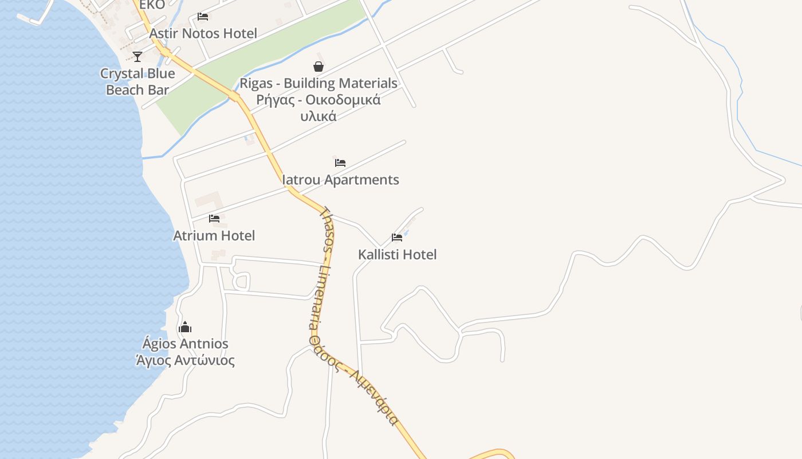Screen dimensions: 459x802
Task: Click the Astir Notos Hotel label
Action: [x=203, y=33]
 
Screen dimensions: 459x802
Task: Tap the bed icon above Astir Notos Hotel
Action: [x=203, y=16]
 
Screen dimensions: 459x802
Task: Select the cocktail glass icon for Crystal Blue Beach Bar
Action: [x=137, y=56]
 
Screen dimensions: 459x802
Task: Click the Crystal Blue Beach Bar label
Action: [x=137, y=81]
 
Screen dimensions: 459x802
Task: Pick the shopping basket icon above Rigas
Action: [x=319, y=67]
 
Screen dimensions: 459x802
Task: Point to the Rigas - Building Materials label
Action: [x=319, y=83]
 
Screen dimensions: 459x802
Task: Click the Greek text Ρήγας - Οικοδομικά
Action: [x=319, y=100]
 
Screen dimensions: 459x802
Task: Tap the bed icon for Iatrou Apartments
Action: [x=340, y=162]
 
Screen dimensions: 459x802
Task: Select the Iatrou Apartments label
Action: [x=341, y=180]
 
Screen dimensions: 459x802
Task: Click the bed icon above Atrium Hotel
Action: [x=214, y=219]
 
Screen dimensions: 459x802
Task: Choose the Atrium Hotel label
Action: [x=214, y=235]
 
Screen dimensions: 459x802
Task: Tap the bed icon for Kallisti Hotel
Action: [x=397, y=237]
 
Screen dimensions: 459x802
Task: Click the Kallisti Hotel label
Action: [x=398, y=254]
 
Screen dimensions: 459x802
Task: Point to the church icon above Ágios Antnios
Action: [x=185, y=327]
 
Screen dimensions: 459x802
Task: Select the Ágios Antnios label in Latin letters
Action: [x=185, y=344]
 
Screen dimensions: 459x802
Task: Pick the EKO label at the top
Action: [x=152, y=5]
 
